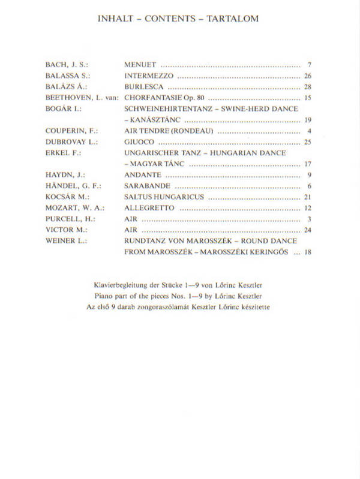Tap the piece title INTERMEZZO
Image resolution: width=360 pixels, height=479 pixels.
[x=149, y=76]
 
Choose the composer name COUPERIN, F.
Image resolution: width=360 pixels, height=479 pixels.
[x=71, y=131]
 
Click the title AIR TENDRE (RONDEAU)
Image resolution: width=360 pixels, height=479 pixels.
[x=169, y=131]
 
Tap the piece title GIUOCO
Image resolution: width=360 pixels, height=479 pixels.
[x=139, y=141]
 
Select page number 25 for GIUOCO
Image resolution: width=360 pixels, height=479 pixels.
[x=308, y=141]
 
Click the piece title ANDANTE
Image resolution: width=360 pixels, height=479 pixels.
[x=143, y=174]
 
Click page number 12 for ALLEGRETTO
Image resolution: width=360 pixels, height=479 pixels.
[x=308, y=207]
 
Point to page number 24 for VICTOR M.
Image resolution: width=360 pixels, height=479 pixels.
[x=308, y=230]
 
